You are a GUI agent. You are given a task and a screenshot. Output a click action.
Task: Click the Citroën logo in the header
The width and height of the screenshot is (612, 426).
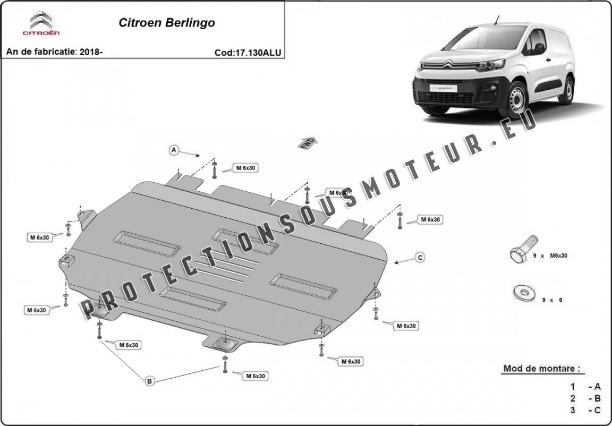tap(41, 23)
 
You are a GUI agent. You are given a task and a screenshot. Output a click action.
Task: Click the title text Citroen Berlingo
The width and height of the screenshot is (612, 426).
tap(166, 23)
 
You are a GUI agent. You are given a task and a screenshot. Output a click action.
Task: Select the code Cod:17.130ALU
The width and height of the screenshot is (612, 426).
tap(248, 53)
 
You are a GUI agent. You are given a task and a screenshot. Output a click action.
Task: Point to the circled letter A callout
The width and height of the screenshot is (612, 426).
tap(174, 150)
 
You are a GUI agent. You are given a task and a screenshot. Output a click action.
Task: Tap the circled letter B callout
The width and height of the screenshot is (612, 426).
tap(150, 380)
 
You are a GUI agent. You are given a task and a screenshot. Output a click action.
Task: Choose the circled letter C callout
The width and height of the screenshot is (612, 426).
tap(420, 258)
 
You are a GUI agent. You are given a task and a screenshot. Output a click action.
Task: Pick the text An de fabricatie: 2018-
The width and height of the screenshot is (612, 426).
tap(54, 52)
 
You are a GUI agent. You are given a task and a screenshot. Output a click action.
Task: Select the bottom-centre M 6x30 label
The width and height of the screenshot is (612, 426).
tap(256, 376)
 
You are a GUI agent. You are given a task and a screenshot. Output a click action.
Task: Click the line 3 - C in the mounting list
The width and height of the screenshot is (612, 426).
tap(585, 410)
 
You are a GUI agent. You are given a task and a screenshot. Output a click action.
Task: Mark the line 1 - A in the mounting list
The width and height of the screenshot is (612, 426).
tap(585, 387)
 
